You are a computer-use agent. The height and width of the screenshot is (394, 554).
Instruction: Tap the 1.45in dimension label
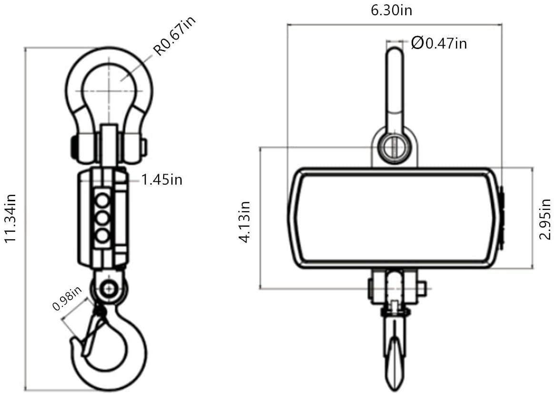click(162, 180)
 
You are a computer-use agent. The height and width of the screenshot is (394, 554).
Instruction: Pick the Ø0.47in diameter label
click(438, 43)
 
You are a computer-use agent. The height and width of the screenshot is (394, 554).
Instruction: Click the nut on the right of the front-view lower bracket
click(422, 288)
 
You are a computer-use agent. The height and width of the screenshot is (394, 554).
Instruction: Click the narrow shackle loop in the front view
click(394, 86)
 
